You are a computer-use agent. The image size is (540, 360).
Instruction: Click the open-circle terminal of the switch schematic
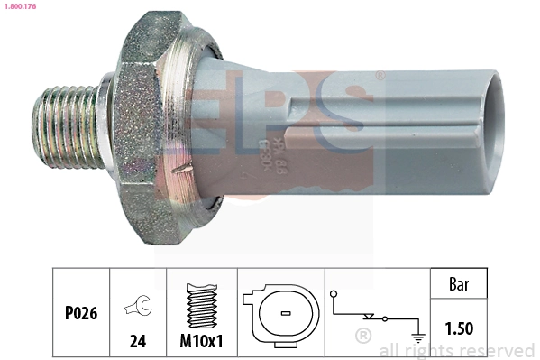[x=334, y=293]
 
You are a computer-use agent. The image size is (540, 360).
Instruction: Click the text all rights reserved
[x=457, y=350]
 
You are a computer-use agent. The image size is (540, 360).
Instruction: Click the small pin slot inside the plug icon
[x=282, y=314]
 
